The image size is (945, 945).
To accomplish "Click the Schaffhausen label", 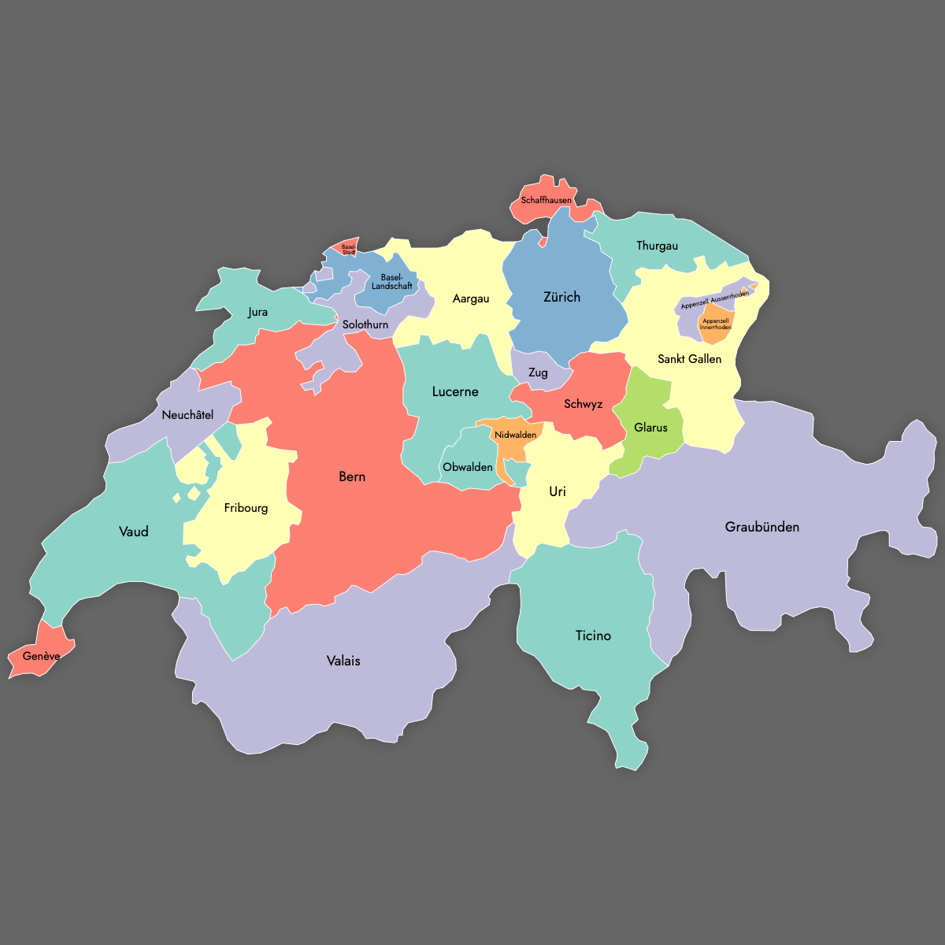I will tap(546, 200).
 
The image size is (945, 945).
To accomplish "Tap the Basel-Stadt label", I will tap(349, 250).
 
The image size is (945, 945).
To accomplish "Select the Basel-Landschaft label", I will tap(391, 282).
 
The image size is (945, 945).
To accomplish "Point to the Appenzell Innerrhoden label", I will tap(715, 324).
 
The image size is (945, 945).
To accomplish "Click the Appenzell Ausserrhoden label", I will tap(714, 299).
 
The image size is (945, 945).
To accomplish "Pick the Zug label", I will tap(538, 372).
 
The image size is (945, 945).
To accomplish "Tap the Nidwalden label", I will tap(516, 435).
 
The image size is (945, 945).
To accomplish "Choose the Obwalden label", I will tap(468, 467).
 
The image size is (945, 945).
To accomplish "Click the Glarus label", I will tap(650, 428).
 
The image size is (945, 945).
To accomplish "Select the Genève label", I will tap(41, 656).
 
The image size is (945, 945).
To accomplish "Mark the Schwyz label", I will tap(583, 404).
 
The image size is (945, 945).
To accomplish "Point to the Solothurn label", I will tap(365, 324).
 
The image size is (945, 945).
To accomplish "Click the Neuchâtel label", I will tap(187, 415).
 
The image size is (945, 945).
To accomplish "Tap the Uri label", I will tap(558, 491).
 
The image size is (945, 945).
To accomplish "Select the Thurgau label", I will tap(657, 246).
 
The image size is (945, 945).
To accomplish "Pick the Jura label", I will tap(258, 312).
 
